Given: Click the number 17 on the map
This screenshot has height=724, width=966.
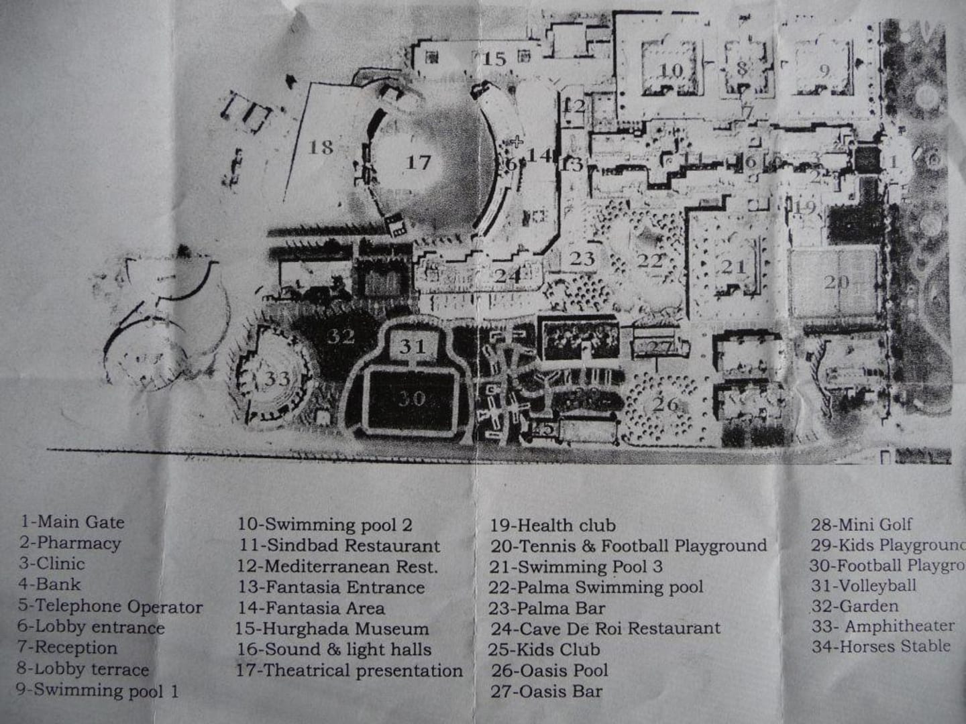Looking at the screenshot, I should coord(417,162).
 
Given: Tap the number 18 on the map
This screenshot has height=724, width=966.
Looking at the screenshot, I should coord(321,147).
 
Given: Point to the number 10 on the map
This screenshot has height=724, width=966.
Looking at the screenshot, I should coord(671,70).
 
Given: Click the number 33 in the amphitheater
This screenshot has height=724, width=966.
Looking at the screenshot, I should coord(276,379).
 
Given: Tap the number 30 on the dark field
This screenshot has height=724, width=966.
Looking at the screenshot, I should coord(411,399).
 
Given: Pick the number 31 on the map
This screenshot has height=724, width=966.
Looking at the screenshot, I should coord(413,346).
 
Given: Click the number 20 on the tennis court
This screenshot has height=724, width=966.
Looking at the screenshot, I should coord(836,282).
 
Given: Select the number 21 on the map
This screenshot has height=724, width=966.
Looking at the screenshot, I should coord(733,267).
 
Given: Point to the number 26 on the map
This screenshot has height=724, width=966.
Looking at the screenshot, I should coord(665,404).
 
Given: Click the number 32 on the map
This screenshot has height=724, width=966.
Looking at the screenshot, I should coord(340,335).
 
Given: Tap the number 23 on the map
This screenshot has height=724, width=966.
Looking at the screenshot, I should coord(582,258).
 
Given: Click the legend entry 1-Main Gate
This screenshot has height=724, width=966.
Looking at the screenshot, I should coord(72,522).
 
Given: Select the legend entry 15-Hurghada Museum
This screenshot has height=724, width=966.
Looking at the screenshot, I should coord(332,629).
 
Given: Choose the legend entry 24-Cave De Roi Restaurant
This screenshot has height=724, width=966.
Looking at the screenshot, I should coord(605,628).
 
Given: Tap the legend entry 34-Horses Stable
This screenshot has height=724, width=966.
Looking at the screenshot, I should coord(880,646).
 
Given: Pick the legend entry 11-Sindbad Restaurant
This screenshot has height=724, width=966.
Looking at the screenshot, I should coord(339,546).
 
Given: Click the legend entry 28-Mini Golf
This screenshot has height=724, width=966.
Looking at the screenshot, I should coord(861,524).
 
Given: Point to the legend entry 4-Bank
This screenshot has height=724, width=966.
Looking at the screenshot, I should coord(50,585).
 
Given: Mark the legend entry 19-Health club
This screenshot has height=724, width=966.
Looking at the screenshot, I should coord(552,525).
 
